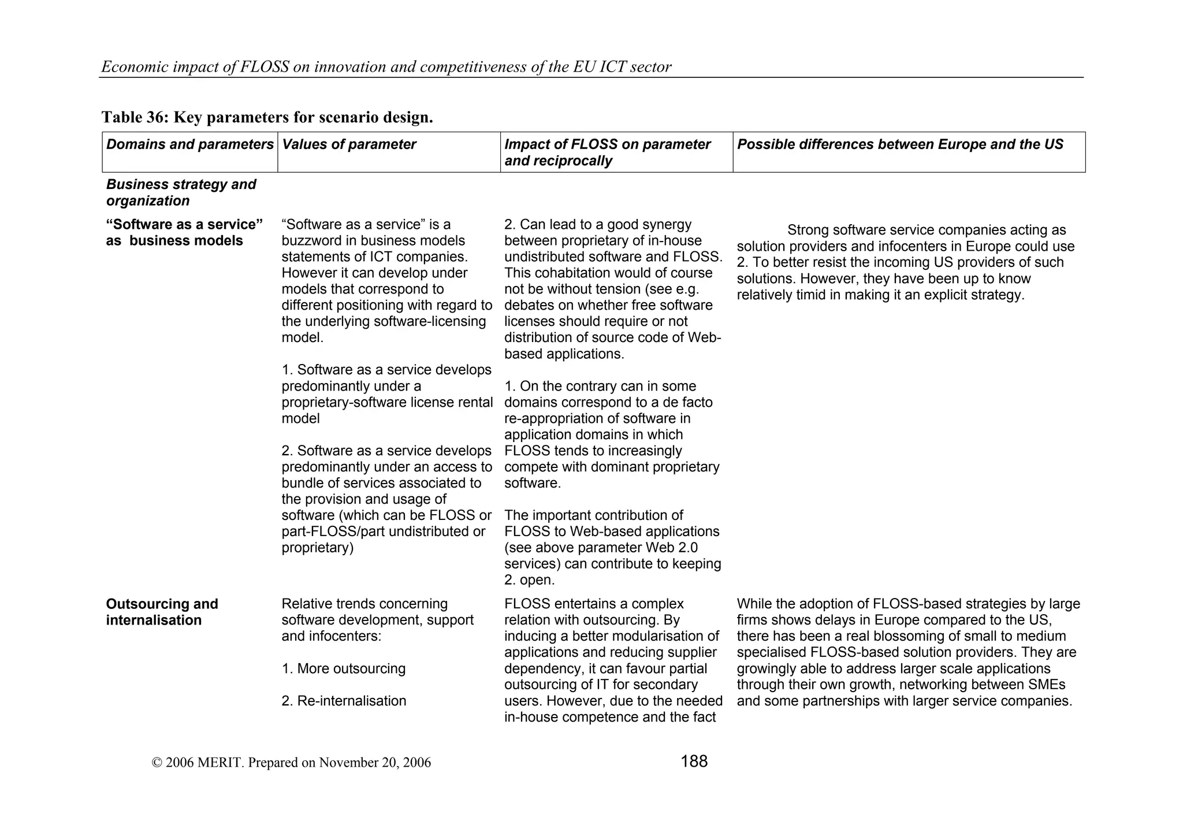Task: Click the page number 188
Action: click(x=694, y=761)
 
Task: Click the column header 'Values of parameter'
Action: click(x=349, y=144)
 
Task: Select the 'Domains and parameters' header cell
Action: click(x=189, y=144)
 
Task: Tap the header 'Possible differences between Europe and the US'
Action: click(x=899, y=144)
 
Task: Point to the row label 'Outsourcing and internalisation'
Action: click(x=162, y=612)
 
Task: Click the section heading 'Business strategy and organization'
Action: click(x=181, y=192)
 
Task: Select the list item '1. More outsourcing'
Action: click(x=344, y=669)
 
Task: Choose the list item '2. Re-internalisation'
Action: click(x=344, y=701)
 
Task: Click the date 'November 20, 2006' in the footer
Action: click(x=375, y=763)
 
